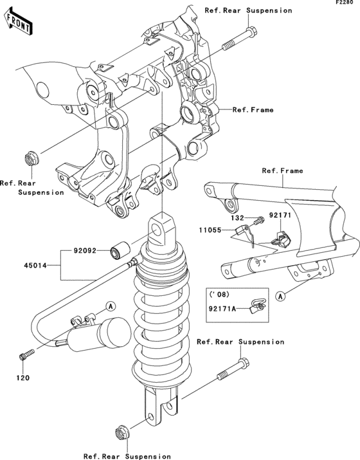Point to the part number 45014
coord(37,264)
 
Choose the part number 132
coord(238,219)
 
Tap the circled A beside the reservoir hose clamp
coord(110,304)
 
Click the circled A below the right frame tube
coord(280,296)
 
